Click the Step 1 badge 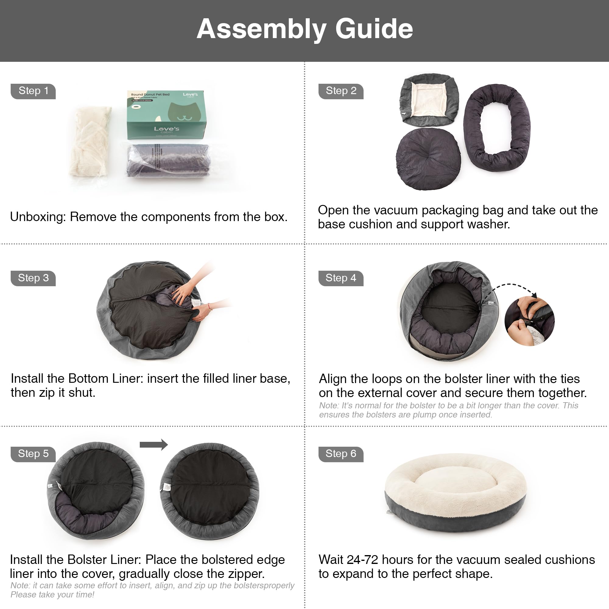click(33, 91)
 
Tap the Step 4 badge click(341, 278)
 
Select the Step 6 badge click(341, 454)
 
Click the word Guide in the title click(374, 29)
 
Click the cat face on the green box click(185, 112)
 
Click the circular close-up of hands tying click(529, 321)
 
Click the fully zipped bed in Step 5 click(209, 490)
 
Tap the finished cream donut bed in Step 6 click(456, 492)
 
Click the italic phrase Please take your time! click(52, 594)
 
